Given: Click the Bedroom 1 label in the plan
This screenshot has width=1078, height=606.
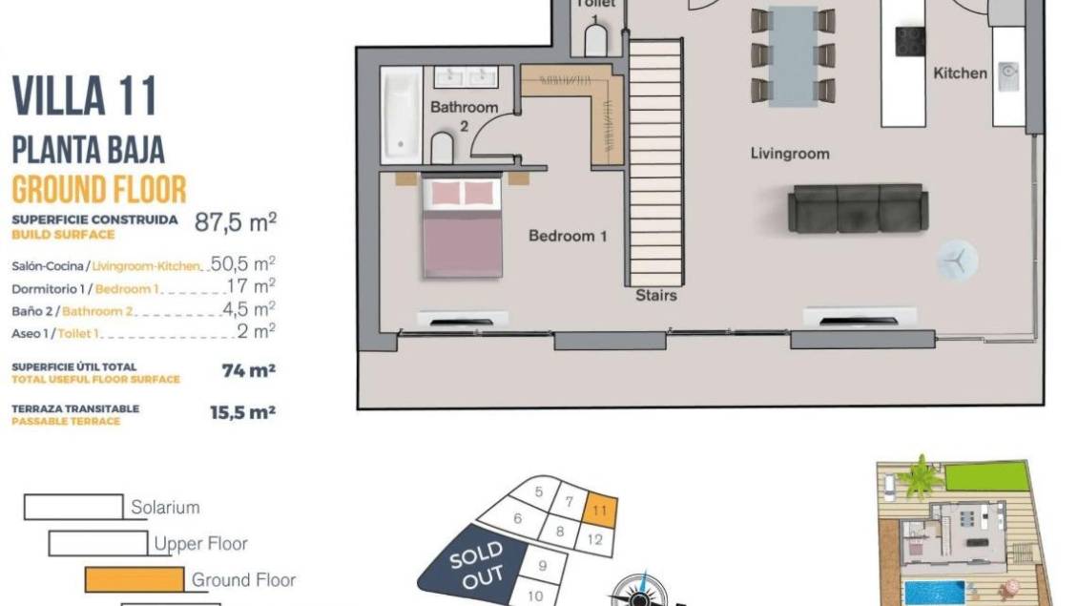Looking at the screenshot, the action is coord(568,236).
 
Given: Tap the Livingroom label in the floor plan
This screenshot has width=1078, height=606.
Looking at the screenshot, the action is coord(790,154).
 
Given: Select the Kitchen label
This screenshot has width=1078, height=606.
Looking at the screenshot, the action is coord(960,73).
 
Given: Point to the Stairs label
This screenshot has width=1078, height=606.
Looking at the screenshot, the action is coord(656,295).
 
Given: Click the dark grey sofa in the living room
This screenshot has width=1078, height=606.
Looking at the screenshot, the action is coord(858,208).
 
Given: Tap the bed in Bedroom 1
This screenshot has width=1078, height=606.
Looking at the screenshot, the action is coord(462,227).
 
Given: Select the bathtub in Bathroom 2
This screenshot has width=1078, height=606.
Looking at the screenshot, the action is coord(402,115).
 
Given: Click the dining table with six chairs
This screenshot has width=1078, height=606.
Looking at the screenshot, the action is coord(794,55).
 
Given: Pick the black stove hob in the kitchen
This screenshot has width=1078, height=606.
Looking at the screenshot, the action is coord(910,41).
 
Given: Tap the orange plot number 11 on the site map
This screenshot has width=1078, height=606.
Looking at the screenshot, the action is coord(599,511).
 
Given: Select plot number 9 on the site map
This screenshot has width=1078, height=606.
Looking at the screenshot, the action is coord(543,565).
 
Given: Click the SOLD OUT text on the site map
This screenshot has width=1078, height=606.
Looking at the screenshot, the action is coord(477,565).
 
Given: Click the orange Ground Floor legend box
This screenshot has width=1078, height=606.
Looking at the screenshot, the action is coord(135,579).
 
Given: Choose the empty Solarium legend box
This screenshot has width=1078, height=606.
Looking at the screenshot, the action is coord(73,507).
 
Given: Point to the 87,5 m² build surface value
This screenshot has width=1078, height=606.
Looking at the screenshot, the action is coord(235,222).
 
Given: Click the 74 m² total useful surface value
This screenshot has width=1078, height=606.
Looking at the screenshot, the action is coord(248,370).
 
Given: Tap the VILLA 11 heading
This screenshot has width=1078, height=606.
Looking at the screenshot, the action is coord(85,95).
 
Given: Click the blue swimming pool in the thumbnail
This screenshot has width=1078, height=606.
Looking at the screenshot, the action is coord(934,593).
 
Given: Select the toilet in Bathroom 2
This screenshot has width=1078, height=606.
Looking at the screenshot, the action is coord(442,147).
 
